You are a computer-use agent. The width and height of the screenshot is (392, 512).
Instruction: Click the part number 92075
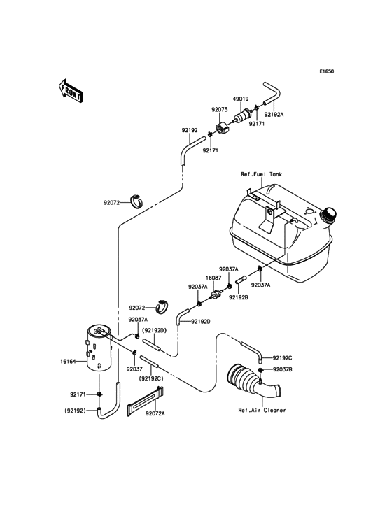(x=220, y=110)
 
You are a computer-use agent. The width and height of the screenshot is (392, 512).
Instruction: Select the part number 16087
(x=213, y=276)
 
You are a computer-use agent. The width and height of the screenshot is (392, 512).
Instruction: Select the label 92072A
(x=155, y=413)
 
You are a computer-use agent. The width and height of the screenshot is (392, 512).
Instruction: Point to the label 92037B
(x=282, y=369)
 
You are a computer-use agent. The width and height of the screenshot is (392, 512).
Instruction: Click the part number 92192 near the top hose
(x=190, y=130)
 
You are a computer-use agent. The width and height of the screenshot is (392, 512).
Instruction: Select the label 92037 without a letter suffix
(x=134, y=368)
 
